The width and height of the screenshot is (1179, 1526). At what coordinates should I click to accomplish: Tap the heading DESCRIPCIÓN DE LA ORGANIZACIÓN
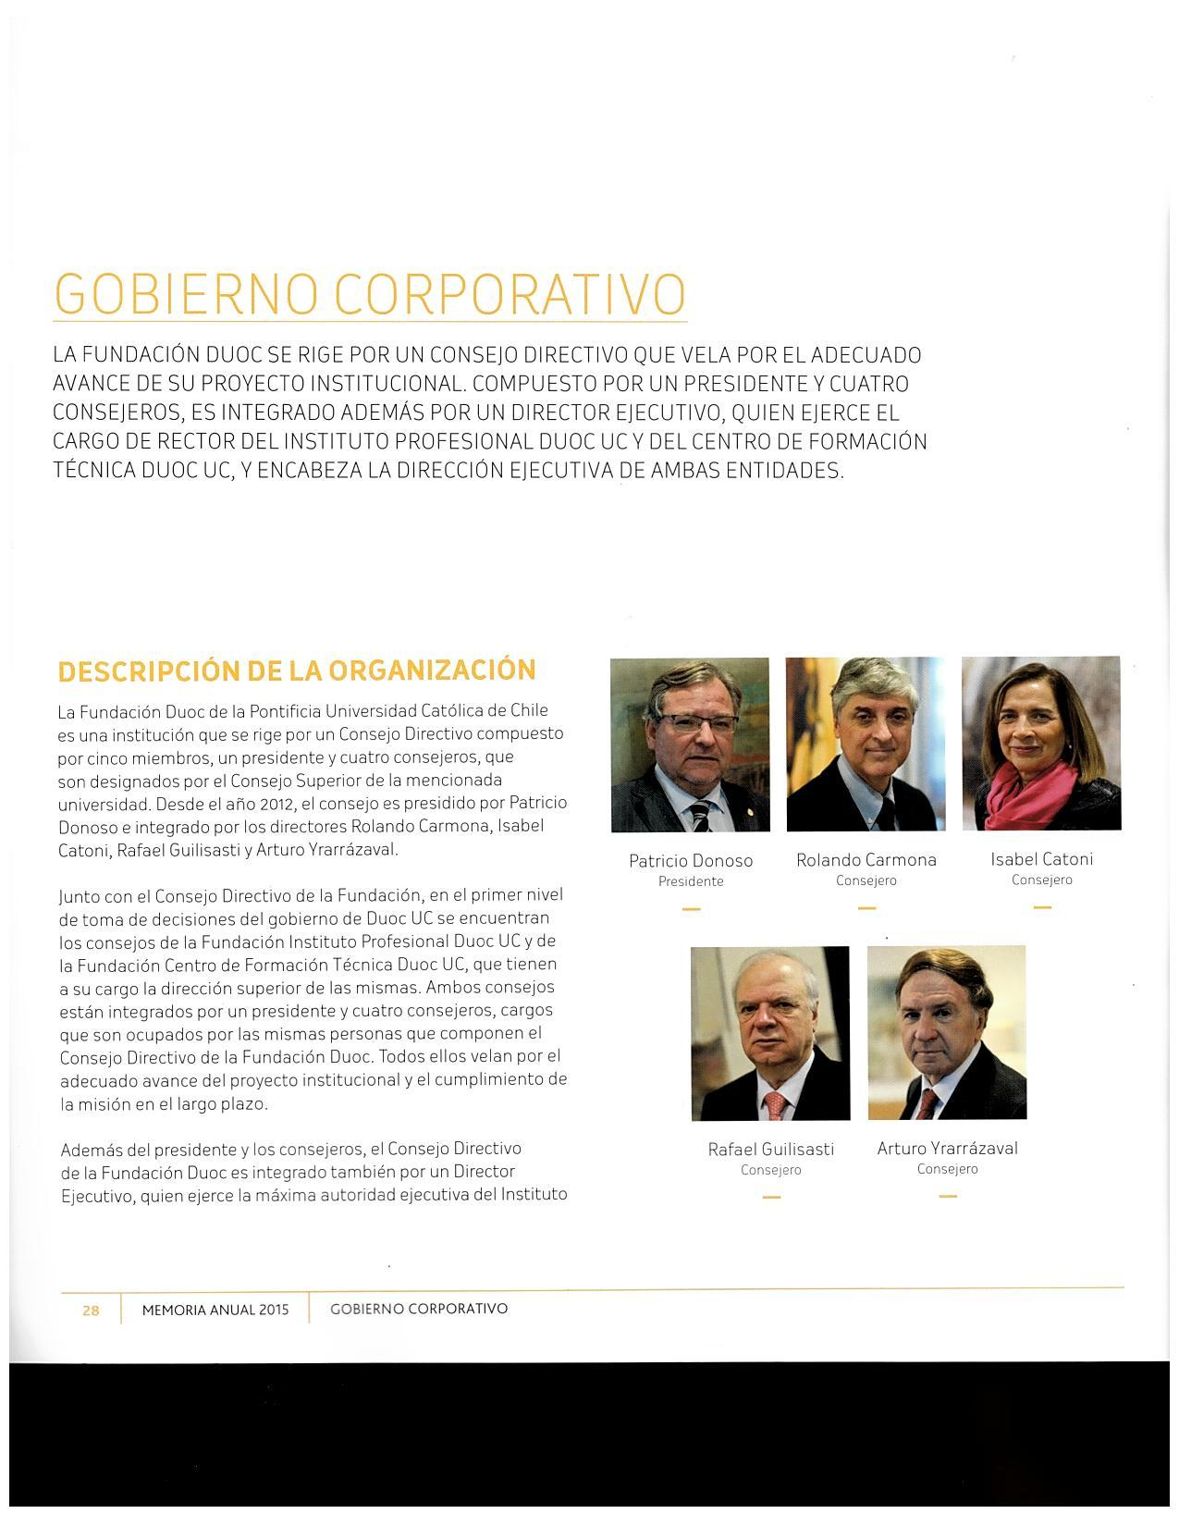click(296, 671)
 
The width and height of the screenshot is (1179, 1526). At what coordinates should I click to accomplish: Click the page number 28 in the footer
click(91, 1310)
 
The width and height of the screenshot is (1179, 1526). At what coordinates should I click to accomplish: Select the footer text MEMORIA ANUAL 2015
click(215, 1310)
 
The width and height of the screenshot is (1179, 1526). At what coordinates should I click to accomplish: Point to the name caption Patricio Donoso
click(691, 861)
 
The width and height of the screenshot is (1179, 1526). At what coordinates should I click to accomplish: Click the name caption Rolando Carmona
click(866, 860)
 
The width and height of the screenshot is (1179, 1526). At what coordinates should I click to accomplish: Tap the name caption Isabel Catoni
click(1041, 859)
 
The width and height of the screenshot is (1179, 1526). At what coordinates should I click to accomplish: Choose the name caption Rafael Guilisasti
click(770, 1150)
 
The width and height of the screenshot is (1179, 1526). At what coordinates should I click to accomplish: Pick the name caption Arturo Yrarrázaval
click(947, 1149)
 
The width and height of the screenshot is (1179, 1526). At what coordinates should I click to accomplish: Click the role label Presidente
click(691, 882)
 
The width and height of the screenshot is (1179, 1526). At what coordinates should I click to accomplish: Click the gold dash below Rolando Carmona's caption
click(866, 908)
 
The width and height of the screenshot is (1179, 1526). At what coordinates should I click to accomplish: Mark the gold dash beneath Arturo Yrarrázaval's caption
click(947, 1197)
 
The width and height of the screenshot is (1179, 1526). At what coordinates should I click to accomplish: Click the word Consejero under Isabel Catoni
click(1041, 880)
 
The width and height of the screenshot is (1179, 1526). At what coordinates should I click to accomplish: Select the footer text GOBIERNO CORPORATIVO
click(419, 1309)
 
